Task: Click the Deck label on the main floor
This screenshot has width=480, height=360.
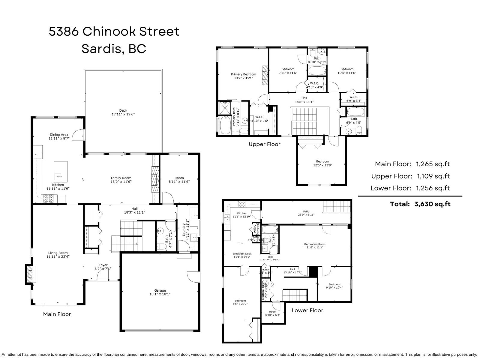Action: coord(123,110)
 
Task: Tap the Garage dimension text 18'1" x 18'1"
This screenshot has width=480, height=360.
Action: coord(160,294)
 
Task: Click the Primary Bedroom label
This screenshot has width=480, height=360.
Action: coord(243,74)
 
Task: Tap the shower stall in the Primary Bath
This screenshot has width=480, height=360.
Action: coord(224,108)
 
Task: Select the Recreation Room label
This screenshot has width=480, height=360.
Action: coord(314,244)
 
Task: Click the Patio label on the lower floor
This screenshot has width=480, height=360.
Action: coord(306,211)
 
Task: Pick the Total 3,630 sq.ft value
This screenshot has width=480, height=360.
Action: coord(432,204)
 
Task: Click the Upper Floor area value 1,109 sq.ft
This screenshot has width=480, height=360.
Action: coord(433,176)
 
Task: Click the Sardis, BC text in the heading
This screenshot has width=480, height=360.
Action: coord(114,49)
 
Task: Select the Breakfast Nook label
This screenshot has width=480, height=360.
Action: coord(242,254)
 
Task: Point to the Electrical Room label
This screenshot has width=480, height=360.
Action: coord(263,290)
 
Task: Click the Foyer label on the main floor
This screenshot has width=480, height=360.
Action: coord(103,265)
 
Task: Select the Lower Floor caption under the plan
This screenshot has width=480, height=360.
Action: coord(307,310)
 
